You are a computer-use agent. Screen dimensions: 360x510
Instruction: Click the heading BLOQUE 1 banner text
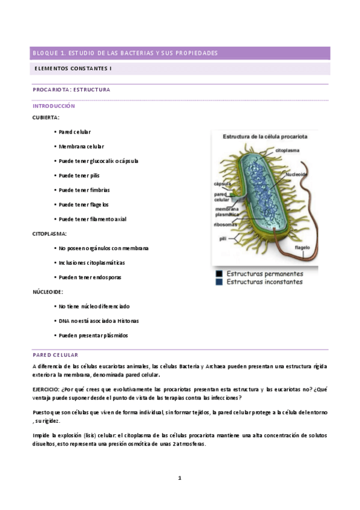click(x=125, y=54)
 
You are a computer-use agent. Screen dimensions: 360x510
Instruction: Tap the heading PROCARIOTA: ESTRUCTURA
click(x=71, y=90)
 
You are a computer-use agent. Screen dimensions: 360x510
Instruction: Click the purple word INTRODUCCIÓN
click(x=53, y=105)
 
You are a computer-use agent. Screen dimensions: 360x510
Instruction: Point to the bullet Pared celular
click(x=75, y=132)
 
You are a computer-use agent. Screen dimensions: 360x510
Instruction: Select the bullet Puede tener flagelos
click(x=84, y=204)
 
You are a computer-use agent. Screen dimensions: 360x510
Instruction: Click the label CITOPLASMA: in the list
click(x=49, y=233)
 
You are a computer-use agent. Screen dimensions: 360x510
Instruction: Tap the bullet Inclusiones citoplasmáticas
click(x=91, y=263)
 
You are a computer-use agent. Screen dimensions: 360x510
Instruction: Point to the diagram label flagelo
click(x=302, y=247)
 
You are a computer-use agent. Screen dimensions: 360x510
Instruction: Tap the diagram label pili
click(x=223, y=238)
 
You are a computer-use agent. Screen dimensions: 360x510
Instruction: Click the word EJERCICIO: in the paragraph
click(x=46, y=389)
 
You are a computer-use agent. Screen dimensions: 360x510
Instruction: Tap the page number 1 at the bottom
click(x=179, y=478)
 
